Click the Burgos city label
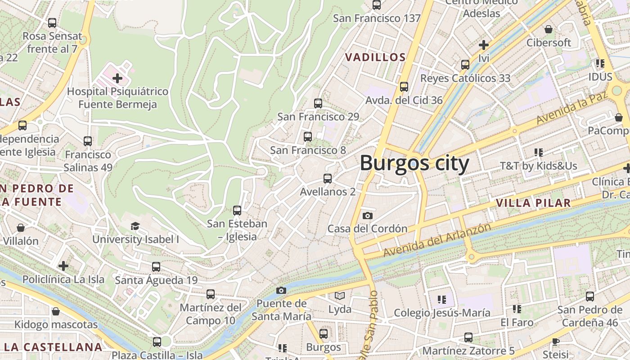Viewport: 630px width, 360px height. [x=414, y=163]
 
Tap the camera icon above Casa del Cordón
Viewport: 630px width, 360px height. [x=368, y=216]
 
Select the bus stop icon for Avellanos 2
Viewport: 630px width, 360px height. [x=328, y=179]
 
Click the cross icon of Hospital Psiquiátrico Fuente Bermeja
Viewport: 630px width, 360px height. [x=117, y=78]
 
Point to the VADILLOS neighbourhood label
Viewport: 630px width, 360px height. [x=375, y=57]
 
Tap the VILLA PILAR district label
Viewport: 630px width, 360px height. [x=533, y=203]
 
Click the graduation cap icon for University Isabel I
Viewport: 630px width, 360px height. [x=135, y=226]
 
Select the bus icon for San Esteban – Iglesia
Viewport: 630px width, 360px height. [x=237, y=210]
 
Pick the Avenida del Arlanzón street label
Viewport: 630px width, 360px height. [x=437, y=240]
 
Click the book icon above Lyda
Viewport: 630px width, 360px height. [x=340, y=296]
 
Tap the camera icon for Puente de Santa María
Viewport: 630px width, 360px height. [x=281, y=290]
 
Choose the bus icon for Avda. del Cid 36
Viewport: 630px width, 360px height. [x=404, y=87]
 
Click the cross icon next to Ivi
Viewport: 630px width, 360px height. [x=484, y=45]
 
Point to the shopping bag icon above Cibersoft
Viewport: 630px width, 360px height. [x=549, y=30]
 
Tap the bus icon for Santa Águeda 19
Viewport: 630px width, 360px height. [x=156, y=267]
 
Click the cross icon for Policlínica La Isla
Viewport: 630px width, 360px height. [x=63, y=266]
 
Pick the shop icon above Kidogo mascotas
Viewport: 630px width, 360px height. [x=56, y=311]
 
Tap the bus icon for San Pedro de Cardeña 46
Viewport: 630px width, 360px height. [x=590, y=297]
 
